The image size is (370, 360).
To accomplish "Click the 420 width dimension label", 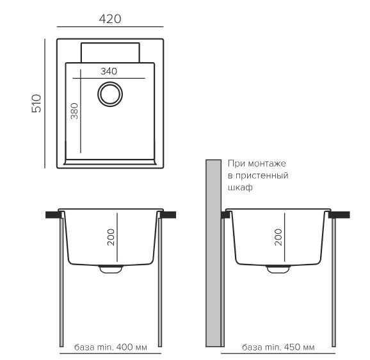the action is coord(110,19).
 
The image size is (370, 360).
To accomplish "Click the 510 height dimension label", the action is coord(36,103).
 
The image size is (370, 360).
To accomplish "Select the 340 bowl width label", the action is coord(109,71).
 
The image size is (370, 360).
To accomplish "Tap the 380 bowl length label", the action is coord(74,111).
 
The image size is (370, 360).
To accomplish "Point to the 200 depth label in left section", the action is coord(111,237).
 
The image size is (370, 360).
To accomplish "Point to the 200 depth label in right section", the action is coord(278,237).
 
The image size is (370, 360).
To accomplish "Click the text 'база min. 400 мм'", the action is coord(111,347).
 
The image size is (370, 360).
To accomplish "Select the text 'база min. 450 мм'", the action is coord(278,347).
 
